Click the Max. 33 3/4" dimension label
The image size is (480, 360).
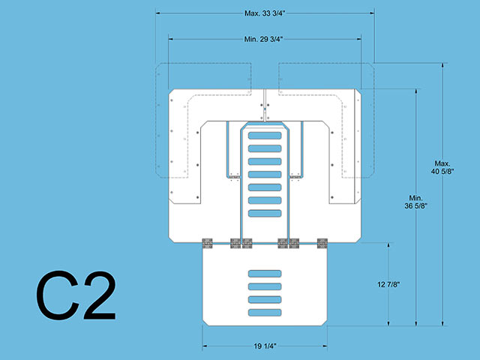click(265, 13)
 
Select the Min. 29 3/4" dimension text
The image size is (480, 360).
click(263, 39)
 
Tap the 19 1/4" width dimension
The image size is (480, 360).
click(265, 346)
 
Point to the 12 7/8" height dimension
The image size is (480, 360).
click(388, 284)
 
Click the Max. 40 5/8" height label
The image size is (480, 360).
click(442, 167)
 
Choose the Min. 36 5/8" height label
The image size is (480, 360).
click(415, 202)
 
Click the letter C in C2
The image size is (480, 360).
click(58, 295)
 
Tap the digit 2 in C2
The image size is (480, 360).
click(100, 295)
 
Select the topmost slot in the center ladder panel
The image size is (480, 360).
click(265, 135)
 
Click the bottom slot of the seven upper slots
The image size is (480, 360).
click(265, 213)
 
